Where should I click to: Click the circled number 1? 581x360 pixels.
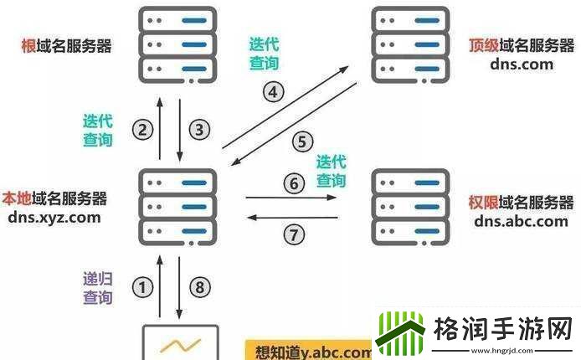tap(145, 288)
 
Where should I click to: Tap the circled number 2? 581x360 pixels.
tap(143, 129)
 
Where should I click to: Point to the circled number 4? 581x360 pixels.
tap(274, 92)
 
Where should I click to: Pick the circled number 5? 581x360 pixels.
tap(303, 142)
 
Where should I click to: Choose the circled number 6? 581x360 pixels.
tap(292, 183)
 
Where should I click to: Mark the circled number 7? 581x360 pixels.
tap(293, 234)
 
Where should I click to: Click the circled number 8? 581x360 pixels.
tap(198, 288)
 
